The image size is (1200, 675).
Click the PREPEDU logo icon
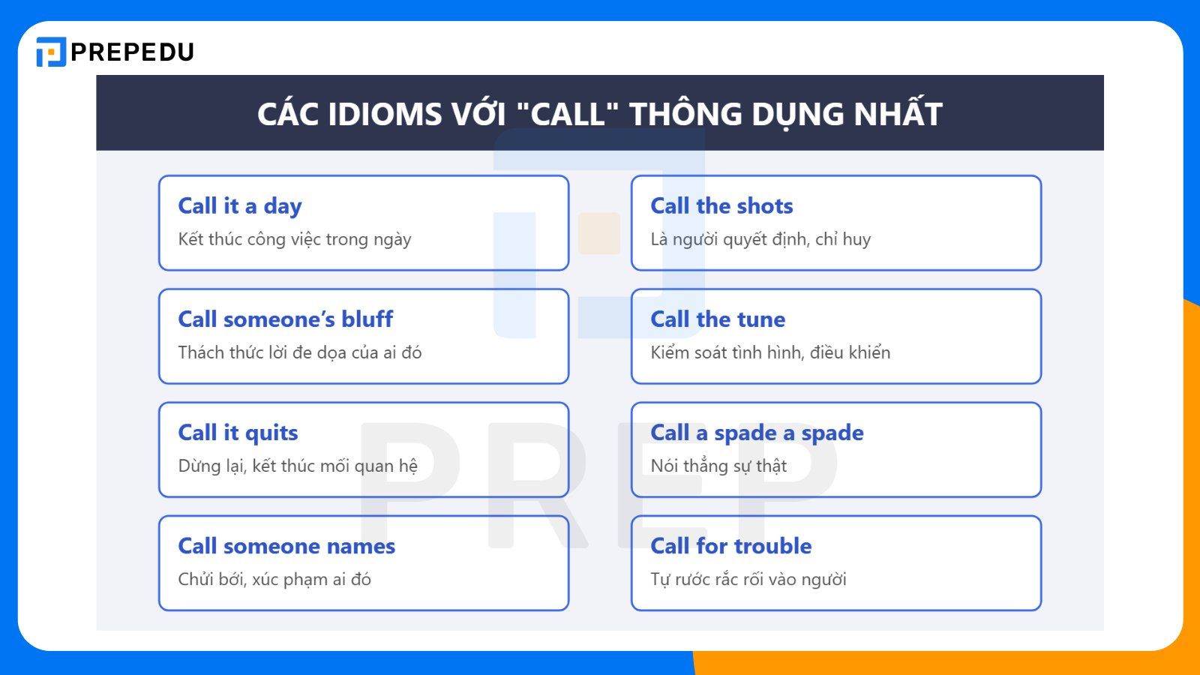point(51,52)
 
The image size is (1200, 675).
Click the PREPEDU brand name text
point(132,52)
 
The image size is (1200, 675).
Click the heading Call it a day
point(240,206)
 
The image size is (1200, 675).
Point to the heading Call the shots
point(721,206)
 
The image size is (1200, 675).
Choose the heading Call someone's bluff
point(285,319)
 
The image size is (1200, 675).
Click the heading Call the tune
point(718,319)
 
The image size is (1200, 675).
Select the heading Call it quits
point(238,433)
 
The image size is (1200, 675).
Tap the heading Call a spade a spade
point(757,433)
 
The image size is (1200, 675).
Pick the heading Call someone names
point(286,546)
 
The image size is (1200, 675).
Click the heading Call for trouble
point(730,546)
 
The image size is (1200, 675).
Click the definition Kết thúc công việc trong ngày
point(295,239)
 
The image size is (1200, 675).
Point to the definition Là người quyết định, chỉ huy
point(760,239)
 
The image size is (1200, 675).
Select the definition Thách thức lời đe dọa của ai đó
point(300,352)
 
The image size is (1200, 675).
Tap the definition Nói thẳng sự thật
point(718,466)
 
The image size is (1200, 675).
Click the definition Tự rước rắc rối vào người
point(748,579)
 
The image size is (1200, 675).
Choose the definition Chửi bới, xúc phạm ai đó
point(274,579)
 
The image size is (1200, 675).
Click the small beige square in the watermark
point(598,233)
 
